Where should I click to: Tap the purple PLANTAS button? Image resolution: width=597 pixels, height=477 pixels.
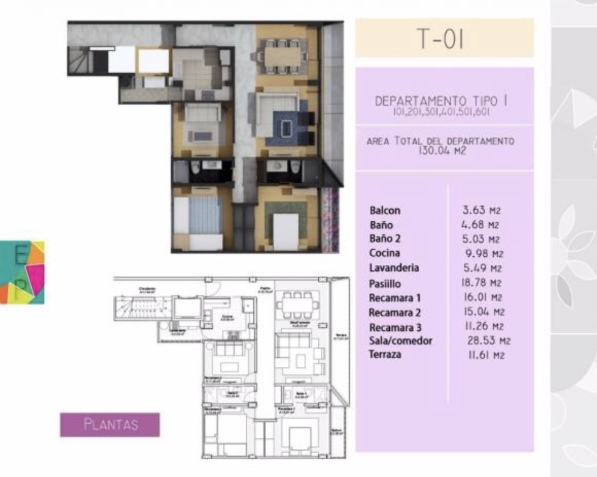coord(110,424)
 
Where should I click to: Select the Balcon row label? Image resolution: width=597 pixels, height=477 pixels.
coord(385,210)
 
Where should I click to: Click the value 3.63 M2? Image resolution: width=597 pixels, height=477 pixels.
coord(482,210)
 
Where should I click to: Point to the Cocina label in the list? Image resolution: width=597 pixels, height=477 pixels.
coord(385,253)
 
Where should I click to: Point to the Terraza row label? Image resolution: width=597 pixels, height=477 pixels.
coord(385,355)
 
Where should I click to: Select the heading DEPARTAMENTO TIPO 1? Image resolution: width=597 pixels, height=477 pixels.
coord(442,101)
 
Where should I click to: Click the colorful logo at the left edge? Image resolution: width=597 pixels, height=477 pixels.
coord(22,272)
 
